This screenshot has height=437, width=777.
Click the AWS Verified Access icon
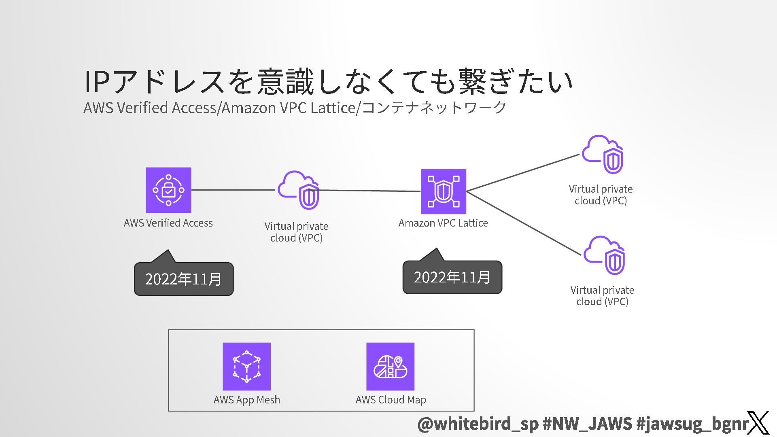[x=168, y=190]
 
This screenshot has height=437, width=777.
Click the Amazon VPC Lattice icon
[x=443, y=191]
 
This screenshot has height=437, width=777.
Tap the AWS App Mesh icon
[x=246, y=366]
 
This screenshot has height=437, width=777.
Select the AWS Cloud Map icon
[x=390, y=366]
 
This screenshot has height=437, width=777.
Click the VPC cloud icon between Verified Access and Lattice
[x=299, y=190]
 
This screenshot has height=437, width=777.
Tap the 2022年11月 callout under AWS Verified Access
[x=184, y=279]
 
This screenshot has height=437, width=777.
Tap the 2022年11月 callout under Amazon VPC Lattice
[x=452, y=277]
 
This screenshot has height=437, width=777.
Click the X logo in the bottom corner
[x=758, y=423]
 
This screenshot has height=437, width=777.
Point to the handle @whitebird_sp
[x=478, y=424]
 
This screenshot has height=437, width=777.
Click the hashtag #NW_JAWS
[x=587, y=424]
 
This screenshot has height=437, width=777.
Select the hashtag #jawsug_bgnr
[x=692, y=424]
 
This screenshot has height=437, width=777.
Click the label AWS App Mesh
[x=247, y=400]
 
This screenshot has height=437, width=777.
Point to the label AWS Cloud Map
[x=391, y=400]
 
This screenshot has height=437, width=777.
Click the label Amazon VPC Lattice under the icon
[x=443, y=223]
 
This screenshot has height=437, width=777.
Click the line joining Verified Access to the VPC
[x=233, y=190]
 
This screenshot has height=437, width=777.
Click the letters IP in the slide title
[x=97, y=82]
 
